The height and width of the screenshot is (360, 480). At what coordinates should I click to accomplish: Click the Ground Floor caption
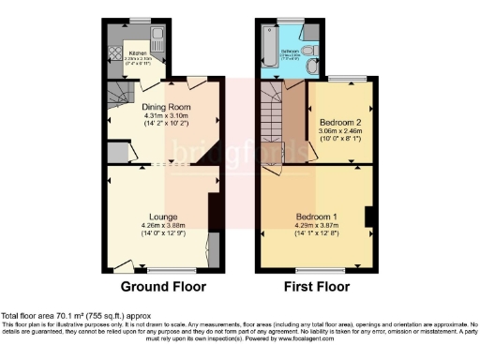pos(164,286)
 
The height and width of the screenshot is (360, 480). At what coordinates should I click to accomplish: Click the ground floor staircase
pos(119,95)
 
